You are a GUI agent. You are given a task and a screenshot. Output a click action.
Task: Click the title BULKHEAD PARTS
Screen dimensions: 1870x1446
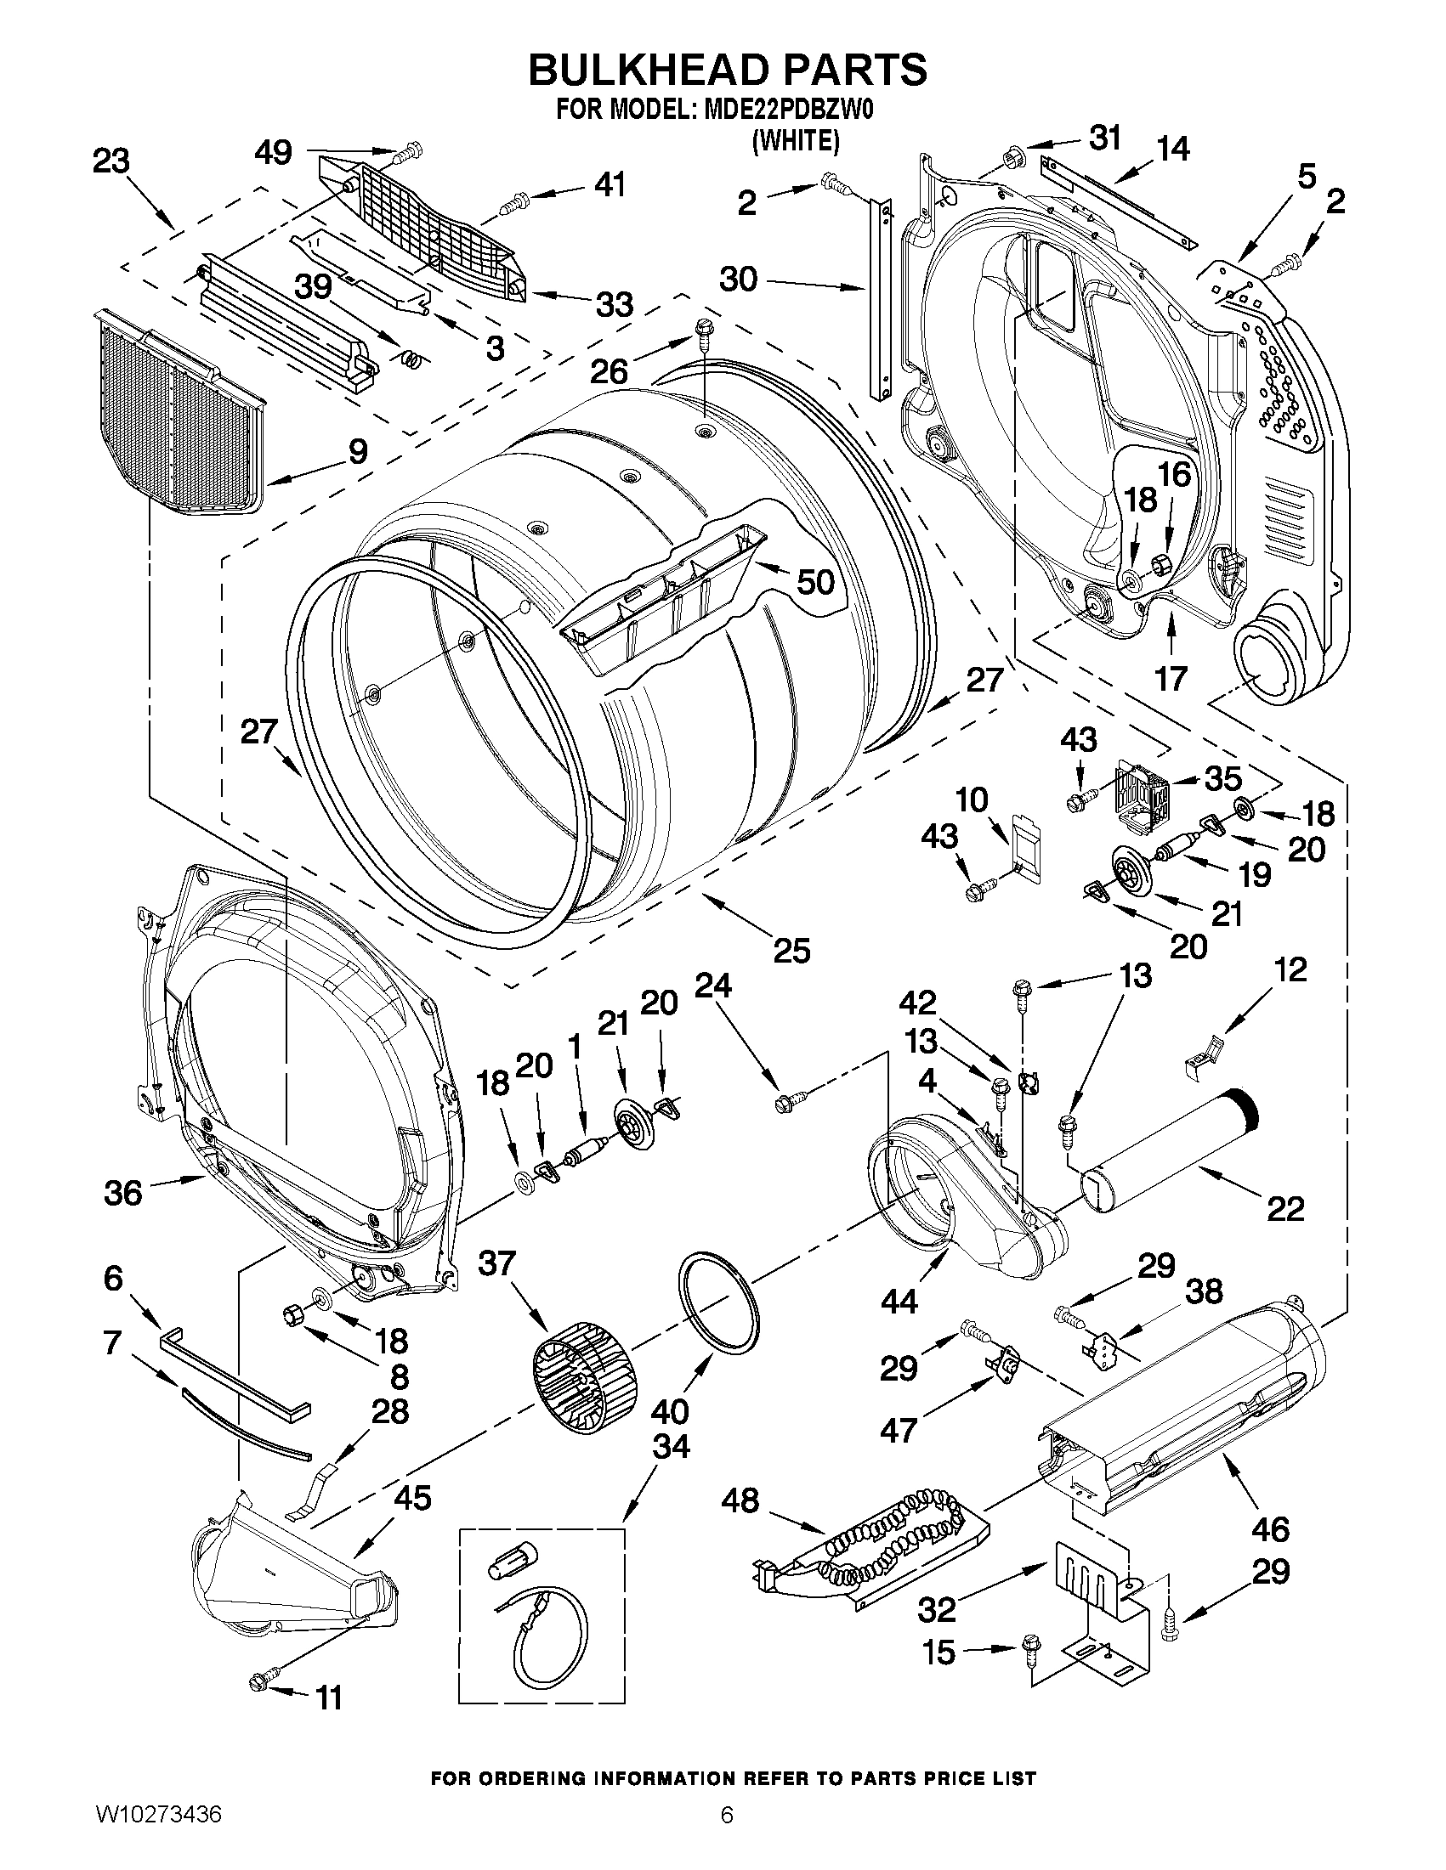tap(727, 71)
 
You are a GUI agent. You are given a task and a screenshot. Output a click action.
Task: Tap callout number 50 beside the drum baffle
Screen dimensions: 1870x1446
tap(814, 582)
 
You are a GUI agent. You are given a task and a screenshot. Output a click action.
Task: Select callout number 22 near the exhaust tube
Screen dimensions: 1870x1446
tap(1285, 1208)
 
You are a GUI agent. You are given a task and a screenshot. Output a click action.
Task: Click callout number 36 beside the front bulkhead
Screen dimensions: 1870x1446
tap(122, 1193)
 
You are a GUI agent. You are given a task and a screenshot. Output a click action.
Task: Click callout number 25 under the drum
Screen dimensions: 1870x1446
tap(791, 951)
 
